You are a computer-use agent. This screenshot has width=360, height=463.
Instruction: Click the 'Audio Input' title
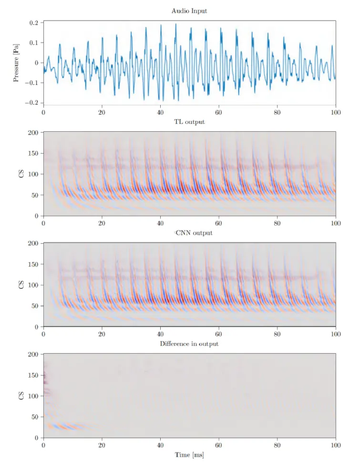[189, 11]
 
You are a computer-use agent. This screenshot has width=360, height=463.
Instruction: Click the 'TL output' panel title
[189, 122]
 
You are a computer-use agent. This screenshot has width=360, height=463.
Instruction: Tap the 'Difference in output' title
[189, 344]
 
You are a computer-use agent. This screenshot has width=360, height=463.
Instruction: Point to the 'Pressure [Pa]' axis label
[16, 63]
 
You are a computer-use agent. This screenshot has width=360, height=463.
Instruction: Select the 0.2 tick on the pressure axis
[33, 23]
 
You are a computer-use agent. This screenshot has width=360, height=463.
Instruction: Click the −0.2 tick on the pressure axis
[31, 103]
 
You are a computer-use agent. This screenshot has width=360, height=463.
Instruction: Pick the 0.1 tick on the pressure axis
[33, 43]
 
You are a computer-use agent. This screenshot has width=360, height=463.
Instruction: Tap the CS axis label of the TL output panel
[20, 174]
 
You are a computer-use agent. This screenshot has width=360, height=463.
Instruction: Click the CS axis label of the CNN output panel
[20, 285]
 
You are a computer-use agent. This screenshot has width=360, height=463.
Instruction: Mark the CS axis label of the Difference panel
[20, 396]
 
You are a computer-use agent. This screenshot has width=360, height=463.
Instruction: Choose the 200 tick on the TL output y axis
[32, 133]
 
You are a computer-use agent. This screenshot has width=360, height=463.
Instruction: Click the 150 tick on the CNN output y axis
[32, 264]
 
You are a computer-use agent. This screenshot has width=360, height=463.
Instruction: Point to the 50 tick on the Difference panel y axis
[34, 417]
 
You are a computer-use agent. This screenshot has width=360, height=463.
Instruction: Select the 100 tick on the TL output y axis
[32, 174]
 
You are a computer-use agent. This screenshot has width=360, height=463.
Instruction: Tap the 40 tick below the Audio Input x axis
[160, 113]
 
